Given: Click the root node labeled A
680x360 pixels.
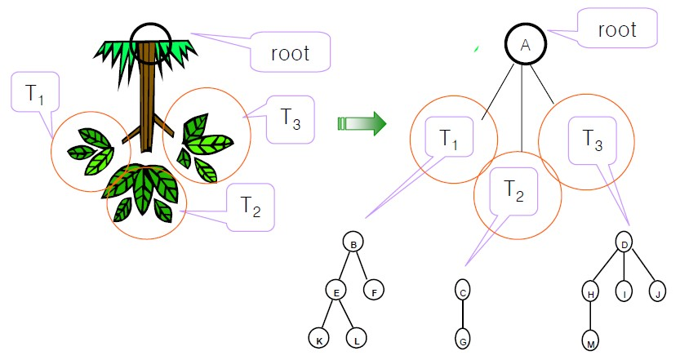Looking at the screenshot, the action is click(526, 44).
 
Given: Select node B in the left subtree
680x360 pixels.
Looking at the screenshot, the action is click(353, 243).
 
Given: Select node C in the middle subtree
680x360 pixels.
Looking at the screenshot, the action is click(463, 291).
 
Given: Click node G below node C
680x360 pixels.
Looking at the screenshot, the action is click(463, 339).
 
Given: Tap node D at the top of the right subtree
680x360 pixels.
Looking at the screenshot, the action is click(624, 243).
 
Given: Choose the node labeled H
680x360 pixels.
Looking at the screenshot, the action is click(590, 292).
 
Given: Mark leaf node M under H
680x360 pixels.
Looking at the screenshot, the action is click(590, 340).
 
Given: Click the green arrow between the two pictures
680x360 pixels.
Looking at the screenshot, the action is click(362, 123).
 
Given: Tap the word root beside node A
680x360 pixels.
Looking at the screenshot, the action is click(617, 30).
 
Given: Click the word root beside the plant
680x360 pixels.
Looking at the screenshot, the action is click(290, 53).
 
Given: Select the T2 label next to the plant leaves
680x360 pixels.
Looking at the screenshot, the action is click(251, 207).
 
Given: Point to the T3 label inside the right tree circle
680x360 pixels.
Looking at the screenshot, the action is click(593, 140).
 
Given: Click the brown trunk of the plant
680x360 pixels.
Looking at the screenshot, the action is click(148, 96).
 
